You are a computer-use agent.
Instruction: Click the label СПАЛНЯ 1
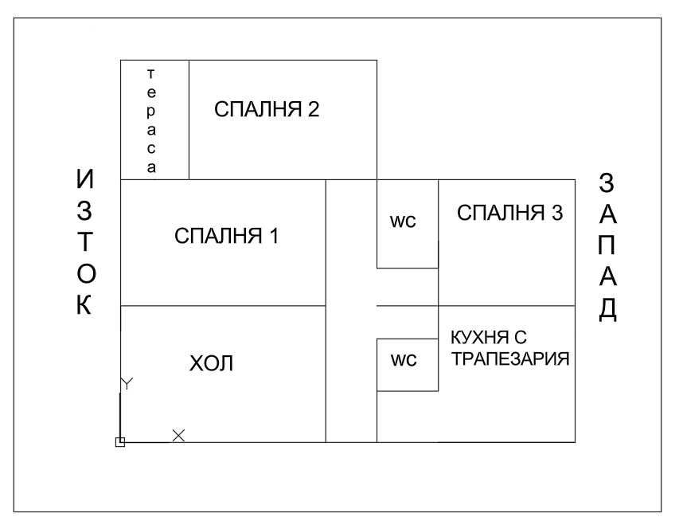point(226,236)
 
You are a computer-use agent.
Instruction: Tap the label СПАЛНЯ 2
point(267,109)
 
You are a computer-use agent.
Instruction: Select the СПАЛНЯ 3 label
point(509,213)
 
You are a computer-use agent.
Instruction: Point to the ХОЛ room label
point(211,363)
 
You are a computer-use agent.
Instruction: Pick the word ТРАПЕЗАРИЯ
point(510,359)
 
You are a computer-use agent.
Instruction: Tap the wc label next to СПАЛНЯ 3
point(403,221)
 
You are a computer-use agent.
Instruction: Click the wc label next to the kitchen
point(404,360)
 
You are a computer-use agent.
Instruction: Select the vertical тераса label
point(150,121)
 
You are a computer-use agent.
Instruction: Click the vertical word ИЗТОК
point(85,241)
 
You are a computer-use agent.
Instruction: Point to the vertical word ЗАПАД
point(607,247)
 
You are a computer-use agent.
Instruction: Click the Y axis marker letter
point(127,383)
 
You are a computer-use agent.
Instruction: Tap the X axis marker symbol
point(178,435)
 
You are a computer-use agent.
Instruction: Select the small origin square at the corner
point(120,442)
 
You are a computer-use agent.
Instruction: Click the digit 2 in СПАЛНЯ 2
point(313,109)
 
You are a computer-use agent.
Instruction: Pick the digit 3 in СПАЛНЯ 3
point(557,213)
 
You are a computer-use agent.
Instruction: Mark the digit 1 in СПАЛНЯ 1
point(274,236)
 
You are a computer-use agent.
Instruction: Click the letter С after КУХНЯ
point(520,337)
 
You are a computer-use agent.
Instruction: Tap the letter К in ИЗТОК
point(84,304)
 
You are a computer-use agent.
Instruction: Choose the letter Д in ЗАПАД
point(607,310)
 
